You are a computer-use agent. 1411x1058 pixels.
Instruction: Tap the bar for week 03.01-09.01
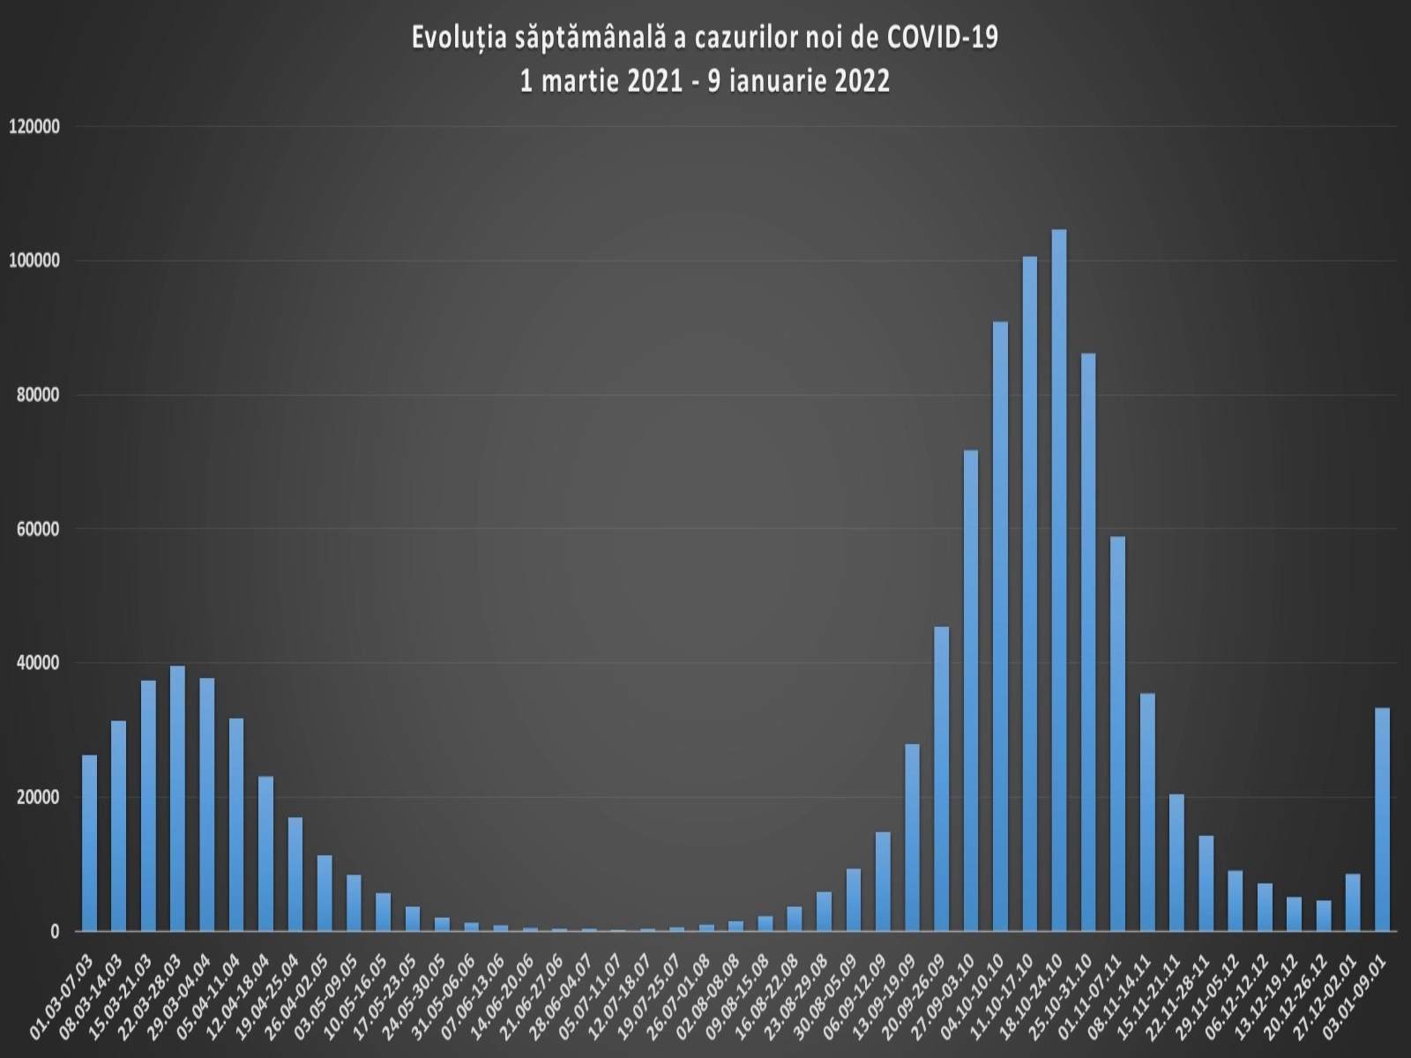coord(1382,819)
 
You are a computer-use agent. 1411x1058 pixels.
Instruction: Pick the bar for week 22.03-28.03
coord(177,798)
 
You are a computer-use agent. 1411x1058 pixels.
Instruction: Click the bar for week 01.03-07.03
coord(89,843)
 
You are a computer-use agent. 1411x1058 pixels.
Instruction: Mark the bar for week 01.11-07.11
coord(1117,734)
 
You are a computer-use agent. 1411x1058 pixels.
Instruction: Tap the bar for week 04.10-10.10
coord(1000,626)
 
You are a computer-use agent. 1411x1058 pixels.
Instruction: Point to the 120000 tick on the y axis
coord(34,127)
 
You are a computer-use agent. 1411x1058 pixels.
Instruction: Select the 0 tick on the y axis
coord(55,932)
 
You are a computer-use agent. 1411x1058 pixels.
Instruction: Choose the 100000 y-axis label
coord(34,261)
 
